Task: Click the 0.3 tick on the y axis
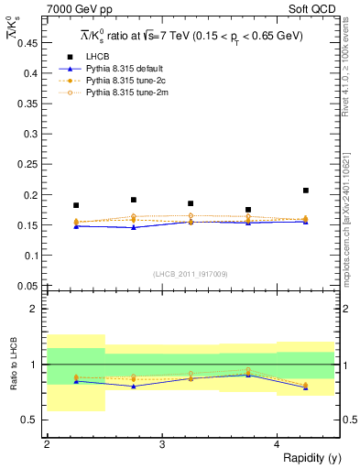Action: pos(32,134)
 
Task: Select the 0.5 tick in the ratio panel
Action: pos(31,420)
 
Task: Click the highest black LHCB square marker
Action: pos(306,191)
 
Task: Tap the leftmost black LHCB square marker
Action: pos(76,205)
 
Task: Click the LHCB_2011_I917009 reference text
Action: pos(190,274)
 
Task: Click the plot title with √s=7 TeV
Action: pos(191,36)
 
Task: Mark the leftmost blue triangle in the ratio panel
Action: pos(76,381)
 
